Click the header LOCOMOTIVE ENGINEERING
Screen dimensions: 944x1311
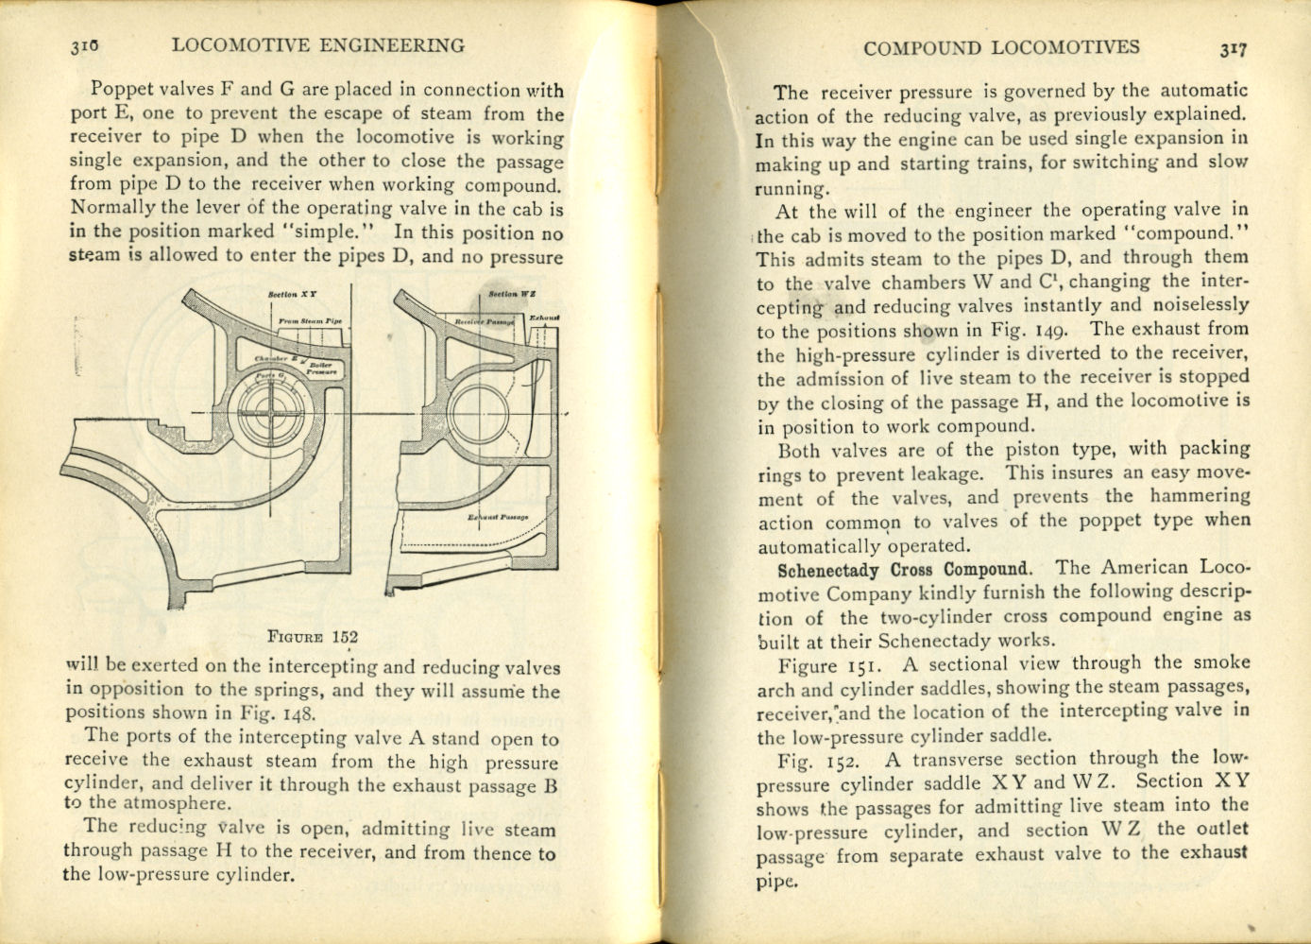[318, 45]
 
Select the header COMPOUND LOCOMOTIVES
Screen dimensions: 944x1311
[1001, 47]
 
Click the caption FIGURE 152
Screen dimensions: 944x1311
[313, 637]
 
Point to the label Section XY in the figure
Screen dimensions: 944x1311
[292, 296]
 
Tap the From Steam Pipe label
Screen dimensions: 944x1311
[310, 321]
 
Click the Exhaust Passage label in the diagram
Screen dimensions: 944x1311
[498, 518]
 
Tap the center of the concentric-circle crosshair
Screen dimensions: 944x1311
[271, 413]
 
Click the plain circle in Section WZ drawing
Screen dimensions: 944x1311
[481, 414]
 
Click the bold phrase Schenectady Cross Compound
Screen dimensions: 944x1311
[904, 570]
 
